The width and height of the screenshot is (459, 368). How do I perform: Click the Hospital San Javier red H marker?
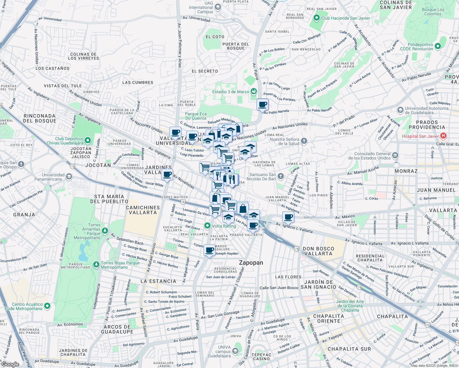(443, 136)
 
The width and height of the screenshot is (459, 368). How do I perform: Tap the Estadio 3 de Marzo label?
(230, 92)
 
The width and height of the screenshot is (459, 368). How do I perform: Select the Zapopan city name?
(251, 263)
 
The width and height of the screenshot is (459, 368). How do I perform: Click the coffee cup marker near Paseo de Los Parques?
(262, 105)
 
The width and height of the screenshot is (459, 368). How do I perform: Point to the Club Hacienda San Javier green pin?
(317, 18)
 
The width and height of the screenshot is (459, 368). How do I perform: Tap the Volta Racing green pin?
(207, 226)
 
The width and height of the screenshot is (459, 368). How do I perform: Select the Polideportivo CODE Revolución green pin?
(438, 46)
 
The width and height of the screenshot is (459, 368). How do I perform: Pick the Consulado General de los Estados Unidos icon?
(395, 155)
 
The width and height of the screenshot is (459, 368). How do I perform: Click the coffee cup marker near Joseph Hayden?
(210, 250)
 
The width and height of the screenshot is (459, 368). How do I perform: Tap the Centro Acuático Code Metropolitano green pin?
(47, 306)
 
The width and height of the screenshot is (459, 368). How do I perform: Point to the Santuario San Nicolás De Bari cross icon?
(281, 176)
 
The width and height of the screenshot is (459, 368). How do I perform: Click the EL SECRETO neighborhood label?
(205, 71)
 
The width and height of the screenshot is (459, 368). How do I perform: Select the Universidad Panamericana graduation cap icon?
(69, 176)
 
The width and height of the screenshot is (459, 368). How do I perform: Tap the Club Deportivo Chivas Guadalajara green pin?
(88, 140)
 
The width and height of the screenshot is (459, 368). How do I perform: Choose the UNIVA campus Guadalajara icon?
(235, 351)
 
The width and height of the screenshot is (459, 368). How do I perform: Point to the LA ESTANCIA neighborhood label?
(158, 281)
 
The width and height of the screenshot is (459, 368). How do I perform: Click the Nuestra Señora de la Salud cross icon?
(304, 141)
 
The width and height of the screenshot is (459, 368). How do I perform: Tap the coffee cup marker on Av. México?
(288, 217)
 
